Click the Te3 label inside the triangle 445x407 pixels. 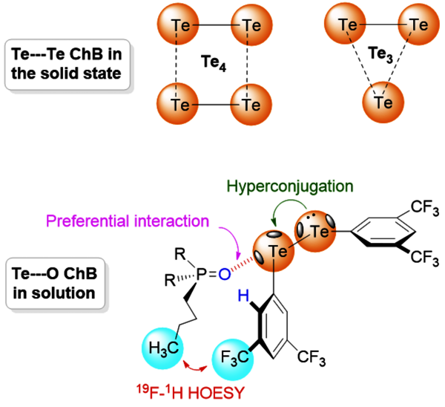[x=383, y=53]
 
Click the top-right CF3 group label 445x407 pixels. [x=418, y=205]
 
